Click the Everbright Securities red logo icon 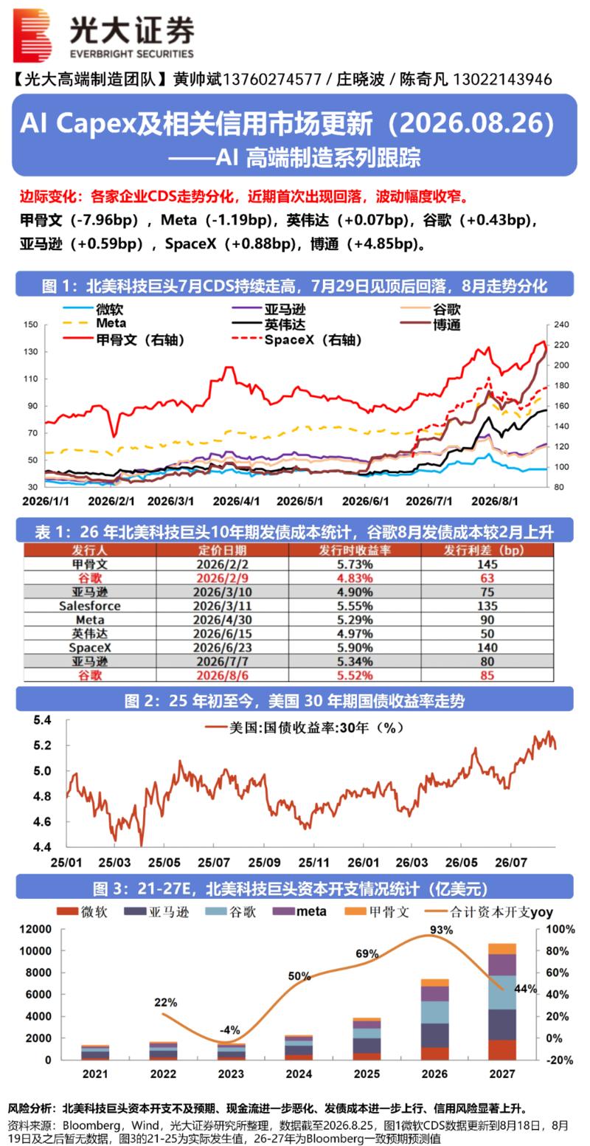click(32, 34)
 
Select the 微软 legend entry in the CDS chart click(93, 309)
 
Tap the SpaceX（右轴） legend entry click(296, 339)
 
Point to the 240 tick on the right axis click(560, 325)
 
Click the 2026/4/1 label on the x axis click(236, 501)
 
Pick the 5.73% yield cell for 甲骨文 click(355, 565)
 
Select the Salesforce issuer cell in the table click(89, 606)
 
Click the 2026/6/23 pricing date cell click(223, 647)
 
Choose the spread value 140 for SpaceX click(487, 647)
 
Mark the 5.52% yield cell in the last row click(355, 675)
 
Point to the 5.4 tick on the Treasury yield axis click(42, 720)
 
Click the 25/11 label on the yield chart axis click(314, 863)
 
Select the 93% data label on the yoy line click(441, 930)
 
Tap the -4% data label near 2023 click(229, 1030)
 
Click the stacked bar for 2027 click(502, 1001)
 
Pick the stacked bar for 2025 click(367, 1038)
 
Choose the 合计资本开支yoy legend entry click(489, 911)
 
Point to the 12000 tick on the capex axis click(36, 929)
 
